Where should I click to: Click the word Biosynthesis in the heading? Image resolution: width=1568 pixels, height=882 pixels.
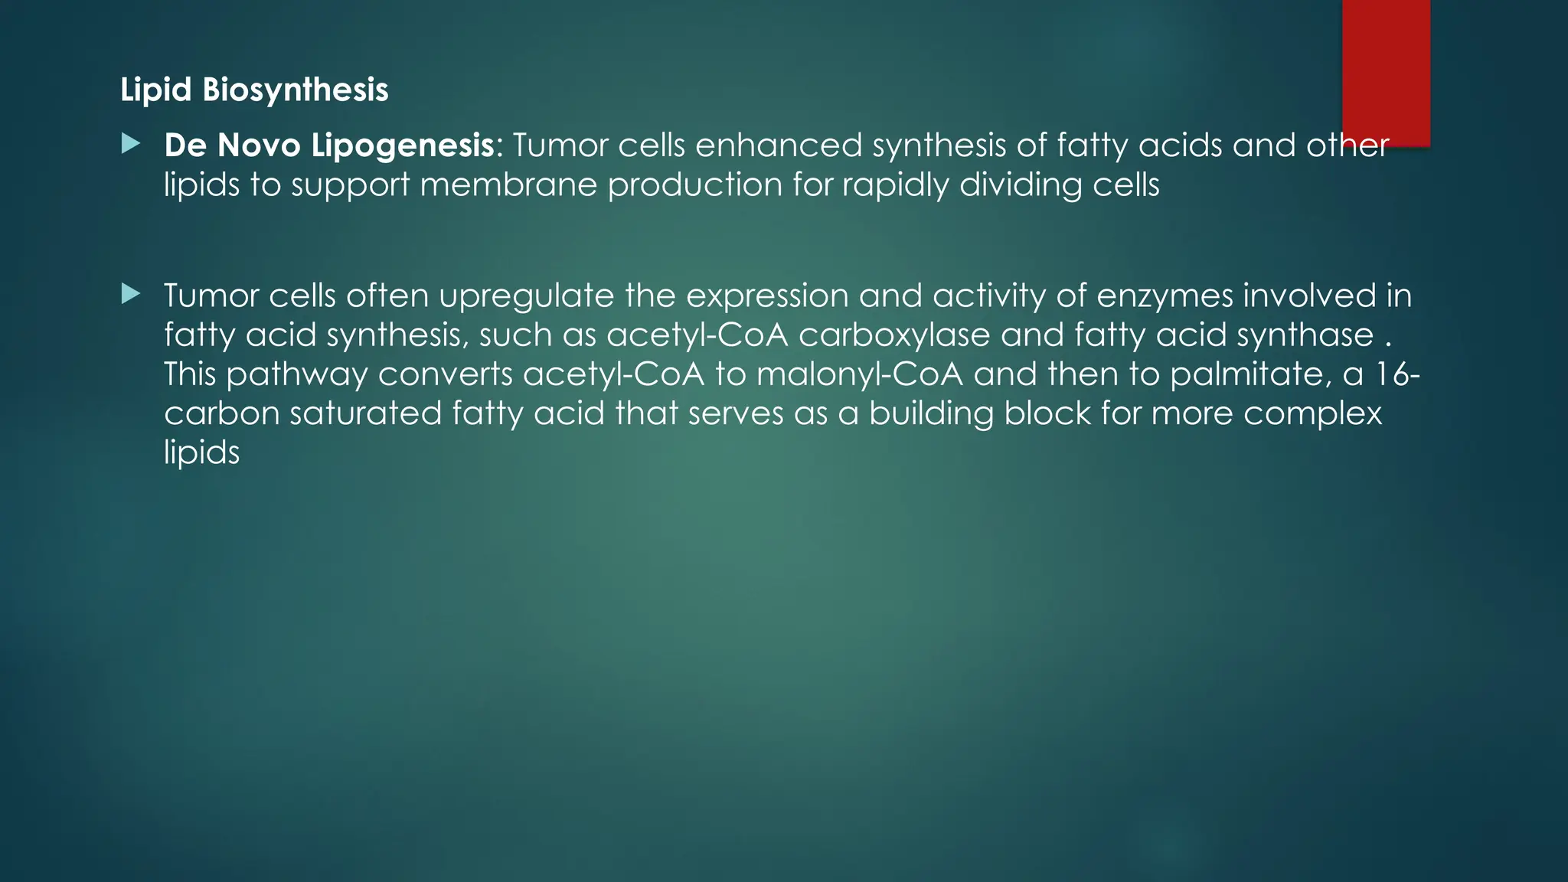point(296,90)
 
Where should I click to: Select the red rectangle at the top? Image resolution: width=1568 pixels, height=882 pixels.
point(1386,73)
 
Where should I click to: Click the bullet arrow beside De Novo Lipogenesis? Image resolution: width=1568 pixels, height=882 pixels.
point(131,143)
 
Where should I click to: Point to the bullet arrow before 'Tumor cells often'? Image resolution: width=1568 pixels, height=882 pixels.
point(131,294)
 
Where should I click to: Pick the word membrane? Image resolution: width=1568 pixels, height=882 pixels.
point(508,185)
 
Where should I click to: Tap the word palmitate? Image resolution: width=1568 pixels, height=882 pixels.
point(1246,374)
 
